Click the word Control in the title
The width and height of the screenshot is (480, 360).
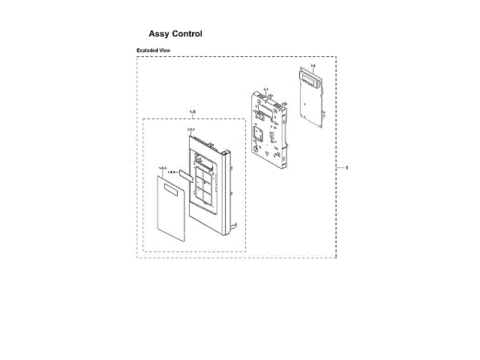click(187, 34)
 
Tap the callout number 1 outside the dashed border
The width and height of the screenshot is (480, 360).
click(346, 167)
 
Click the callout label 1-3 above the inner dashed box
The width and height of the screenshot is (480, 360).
click(193, 112)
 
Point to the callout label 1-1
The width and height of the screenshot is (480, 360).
click(266, 88)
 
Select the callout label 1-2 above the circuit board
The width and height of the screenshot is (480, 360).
click(313, 66)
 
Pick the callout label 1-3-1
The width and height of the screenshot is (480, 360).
click(191, 130)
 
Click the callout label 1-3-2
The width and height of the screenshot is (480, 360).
click(170, 173)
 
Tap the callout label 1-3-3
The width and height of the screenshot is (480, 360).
click(162, 169)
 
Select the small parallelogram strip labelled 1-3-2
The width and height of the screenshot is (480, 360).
click(184, 174)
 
